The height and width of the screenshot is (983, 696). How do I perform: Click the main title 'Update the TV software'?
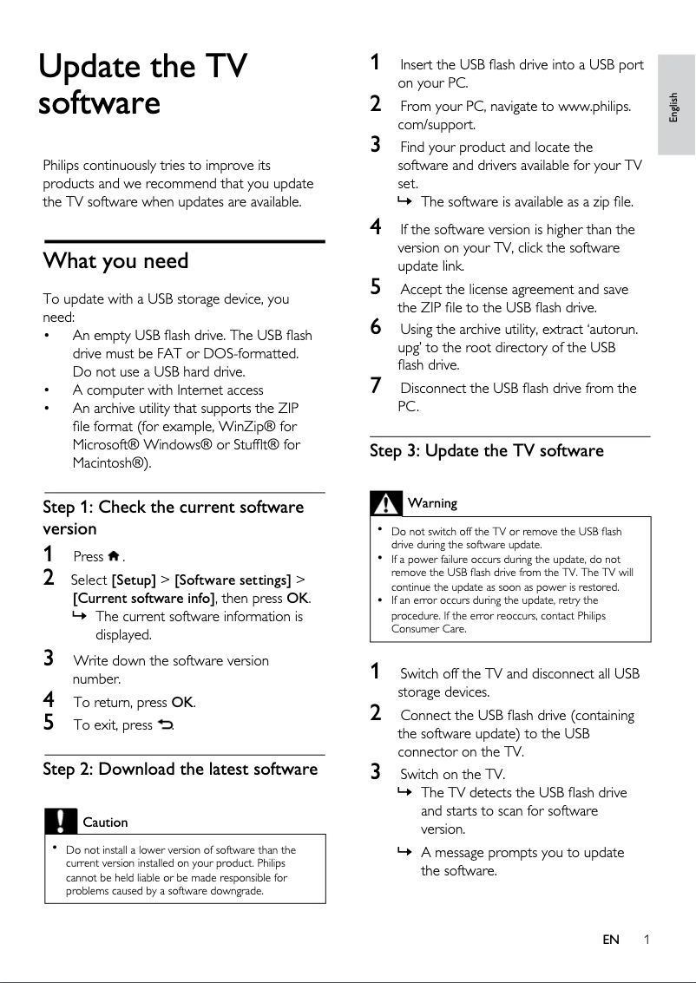143,84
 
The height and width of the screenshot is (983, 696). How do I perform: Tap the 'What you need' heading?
115,261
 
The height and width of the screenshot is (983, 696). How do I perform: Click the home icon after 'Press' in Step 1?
114,556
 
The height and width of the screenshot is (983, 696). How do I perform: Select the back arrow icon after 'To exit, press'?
165,725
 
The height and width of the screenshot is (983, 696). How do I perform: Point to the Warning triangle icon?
385,502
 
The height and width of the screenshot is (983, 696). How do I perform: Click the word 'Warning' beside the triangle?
432,503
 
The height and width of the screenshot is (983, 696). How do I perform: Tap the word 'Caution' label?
105,822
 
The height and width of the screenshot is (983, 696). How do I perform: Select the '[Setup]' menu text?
134,580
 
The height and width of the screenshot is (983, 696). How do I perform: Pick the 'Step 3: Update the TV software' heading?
486,450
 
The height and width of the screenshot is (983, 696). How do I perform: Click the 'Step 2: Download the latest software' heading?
181,769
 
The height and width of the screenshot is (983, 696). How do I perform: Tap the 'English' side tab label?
675,106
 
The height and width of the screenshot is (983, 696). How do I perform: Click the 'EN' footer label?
611,940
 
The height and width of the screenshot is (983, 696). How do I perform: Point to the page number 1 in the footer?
647,940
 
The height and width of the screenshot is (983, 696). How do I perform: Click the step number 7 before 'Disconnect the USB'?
376,387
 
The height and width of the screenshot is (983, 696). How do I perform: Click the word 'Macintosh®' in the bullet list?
110,462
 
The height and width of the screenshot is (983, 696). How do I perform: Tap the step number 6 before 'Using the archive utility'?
376,327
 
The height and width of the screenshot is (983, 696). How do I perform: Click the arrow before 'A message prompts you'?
403,853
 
